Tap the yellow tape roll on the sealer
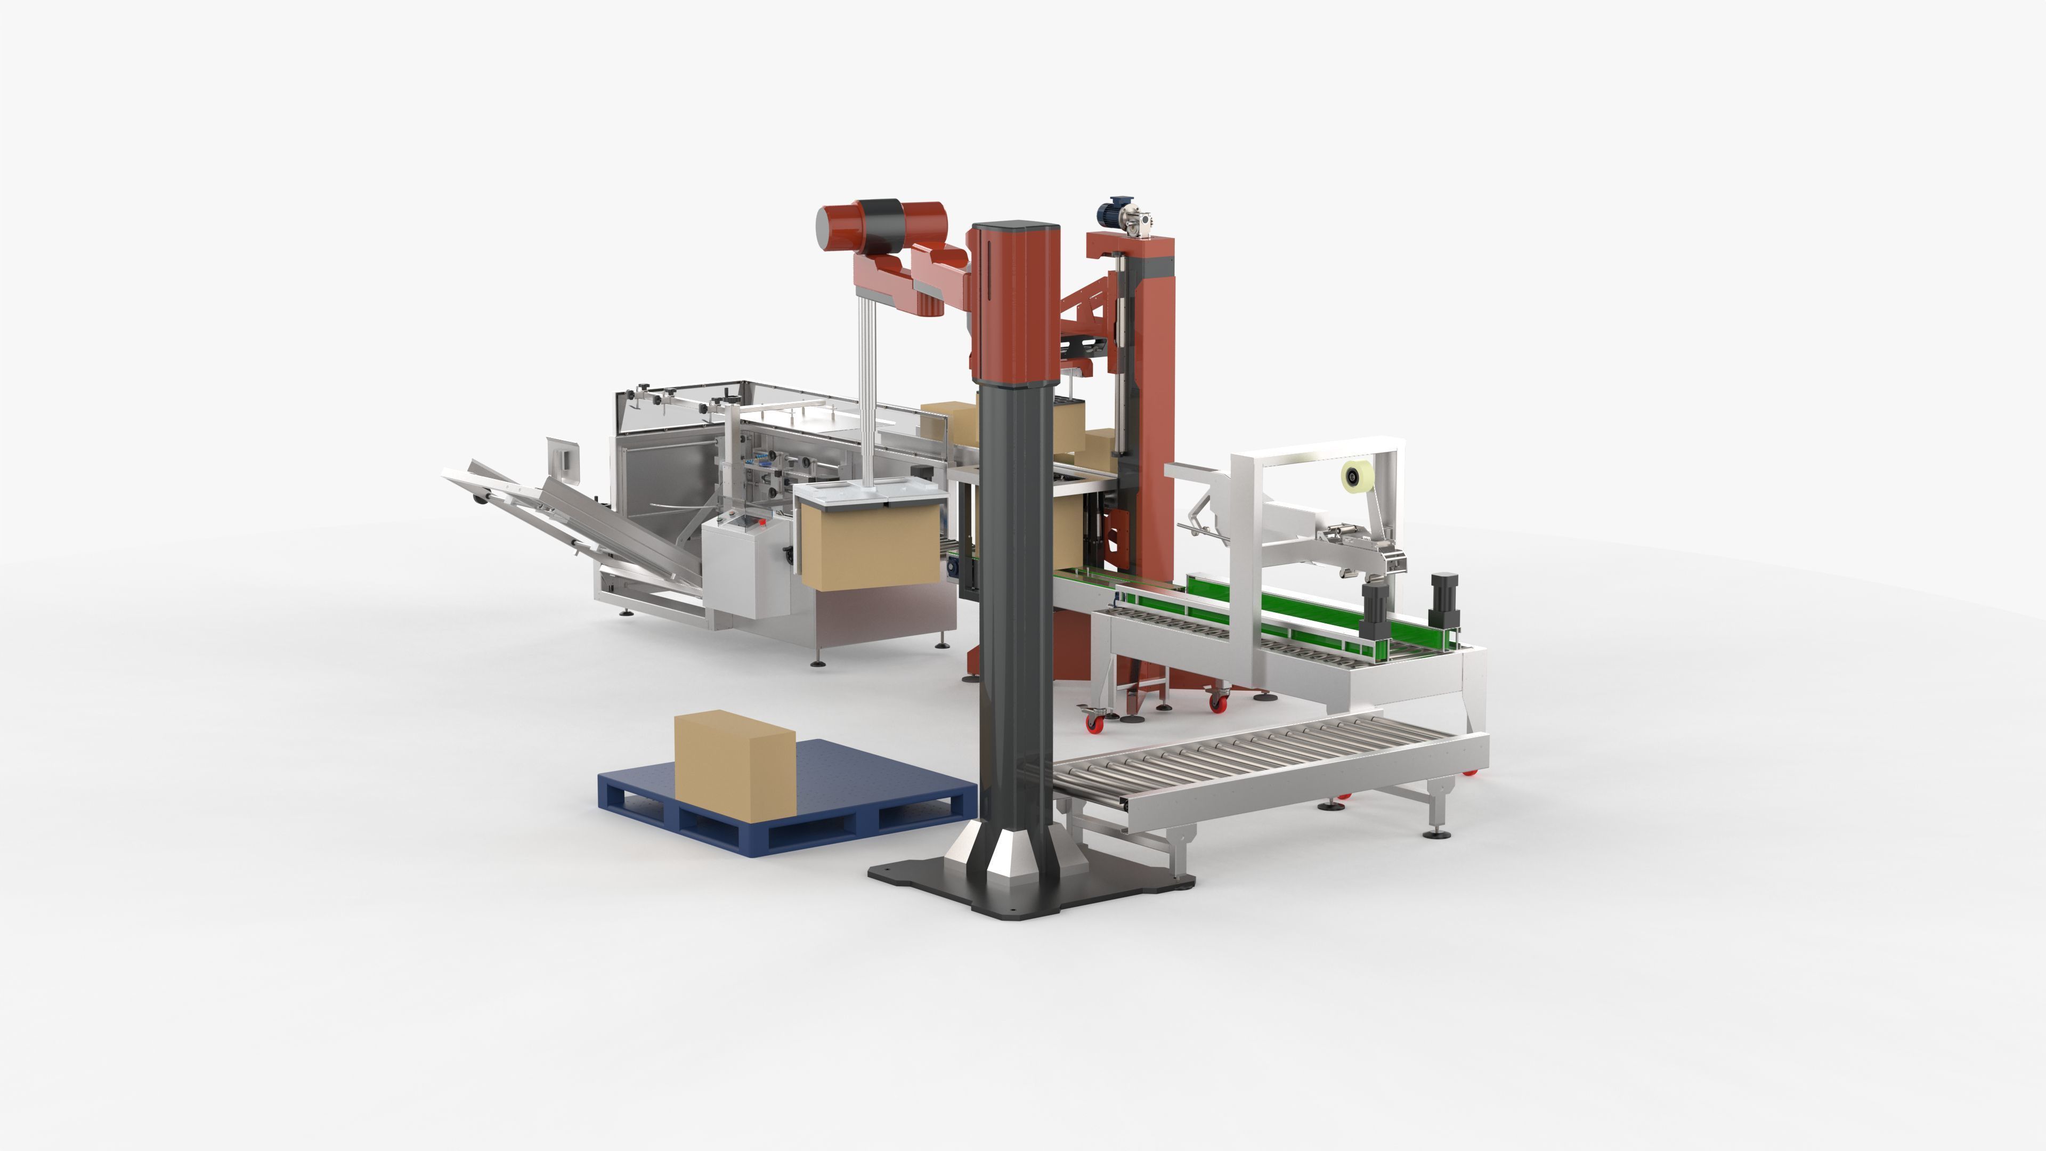1353,476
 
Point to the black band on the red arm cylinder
882,222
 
